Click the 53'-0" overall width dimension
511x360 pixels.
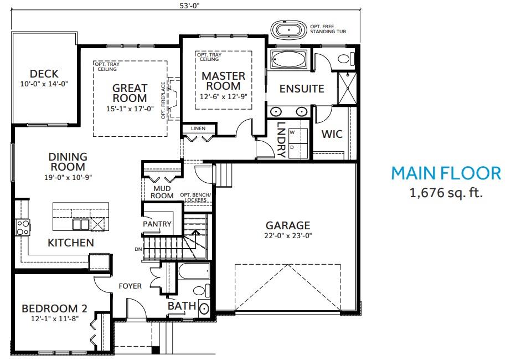(x=189, y=6)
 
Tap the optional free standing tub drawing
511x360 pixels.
(x=289, y=30)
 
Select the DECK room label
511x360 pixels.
(x=44, y=74)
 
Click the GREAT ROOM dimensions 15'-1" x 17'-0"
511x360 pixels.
(x=130, y=109)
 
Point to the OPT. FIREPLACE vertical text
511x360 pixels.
(x=163, y=100)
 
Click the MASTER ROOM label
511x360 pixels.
(x=223, y=81)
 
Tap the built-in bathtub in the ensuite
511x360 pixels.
(x=288, y=60)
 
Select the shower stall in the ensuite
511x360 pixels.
(x=347, y=88)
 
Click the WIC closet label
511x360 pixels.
(x=332, y=134)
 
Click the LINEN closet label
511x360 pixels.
(x=198, y=128)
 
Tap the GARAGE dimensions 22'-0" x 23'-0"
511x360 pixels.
(x=288, y=235)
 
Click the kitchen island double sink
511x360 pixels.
(x=80, y=224)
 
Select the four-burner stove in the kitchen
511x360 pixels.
(x=23, y=228)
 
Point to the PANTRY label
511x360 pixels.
(x=157, y=224)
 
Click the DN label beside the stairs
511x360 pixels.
(x=138, y=249)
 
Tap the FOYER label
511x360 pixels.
(x=130, y=286)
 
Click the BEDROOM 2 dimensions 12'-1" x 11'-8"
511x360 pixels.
(x=55, y=318)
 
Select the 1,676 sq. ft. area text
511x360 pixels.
(x=446, y=192)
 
